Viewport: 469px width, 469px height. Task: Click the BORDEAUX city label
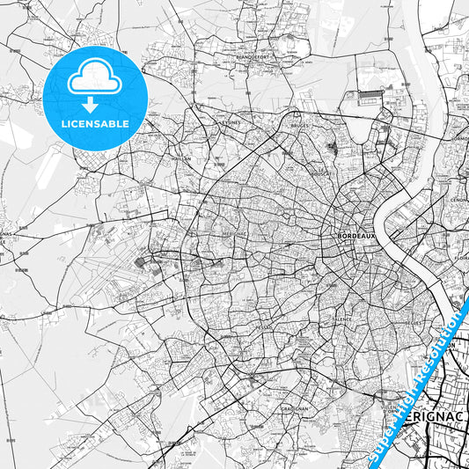pos(356,236)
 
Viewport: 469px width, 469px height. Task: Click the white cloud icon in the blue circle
pos(94,77)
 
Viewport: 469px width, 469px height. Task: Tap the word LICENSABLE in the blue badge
pos(94,122)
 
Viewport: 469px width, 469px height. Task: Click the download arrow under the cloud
pos(94,103)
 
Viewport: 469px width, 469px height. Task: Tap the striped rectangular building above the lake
pos(370,93)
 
